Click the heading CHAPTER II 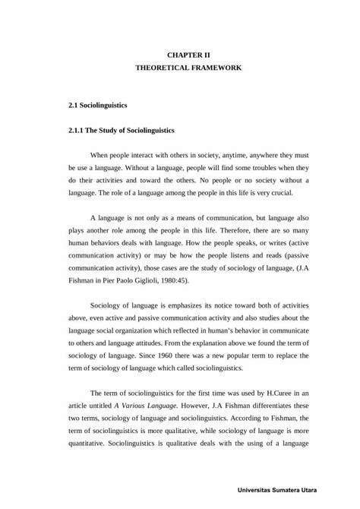[188, 55]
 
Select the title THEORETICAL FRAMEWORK [188, 68]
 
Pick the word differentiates [278, 404]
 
